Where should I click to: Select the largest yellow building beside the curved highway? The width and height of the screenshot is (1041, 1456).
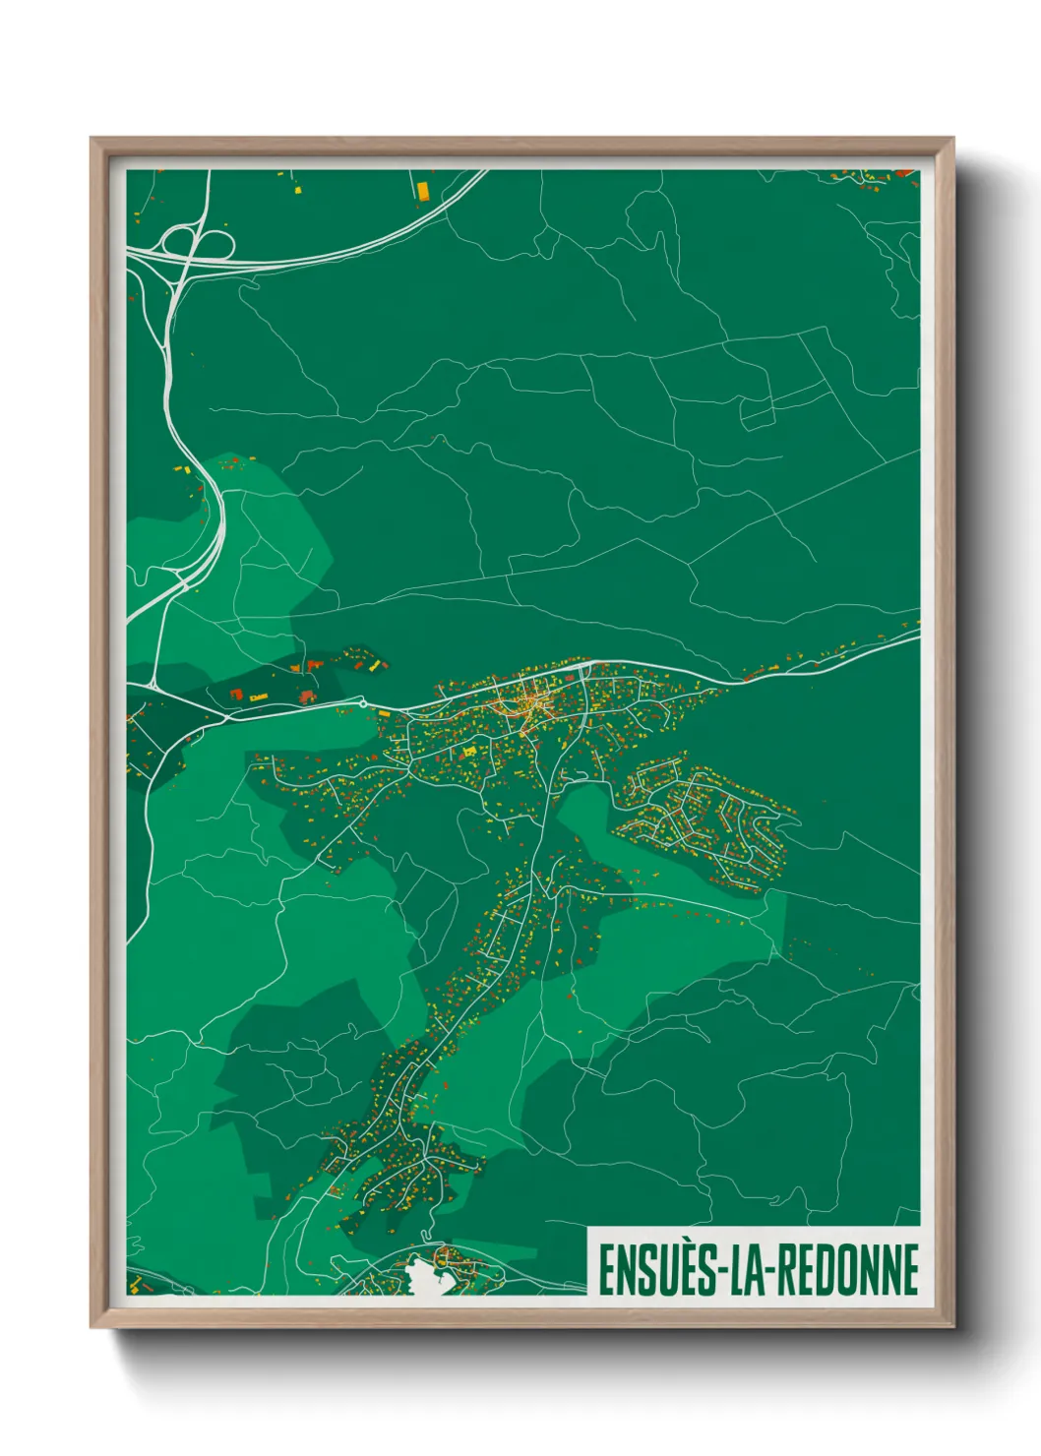pyautogui.click(x=423, y=190)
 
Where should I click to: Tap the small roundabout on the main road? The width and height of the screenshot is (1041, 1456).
pyautogui.click(x=362, y=702)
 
